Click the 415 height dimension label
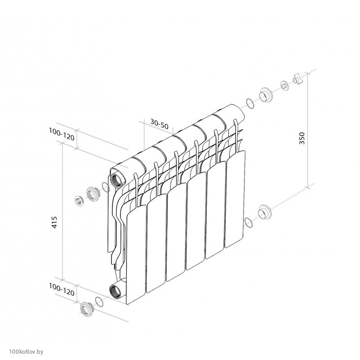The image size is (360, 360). coord(54,222)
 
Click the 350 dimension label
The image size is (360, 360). coord(302,138)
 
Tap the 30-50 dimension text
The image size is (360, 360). coord(160,124)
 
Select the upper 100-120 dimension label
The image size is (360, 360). coord(62,134)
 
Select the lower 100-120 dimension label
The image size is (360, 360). coord(62,289)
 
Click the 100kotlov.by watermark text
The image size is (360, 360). coord(26,351)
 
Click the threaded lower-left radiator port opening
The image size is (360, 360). coord(115,291)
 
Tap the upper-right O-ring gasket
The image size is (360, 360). coord(250,103)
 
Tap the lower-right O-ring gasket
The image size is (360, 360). coord(248,222)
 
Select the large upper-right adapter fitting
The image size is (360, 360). coord(266,94)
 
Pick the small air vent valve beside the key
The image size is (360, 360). coord(284,86)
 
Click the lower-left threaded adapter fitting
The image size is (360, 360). coord(87,308)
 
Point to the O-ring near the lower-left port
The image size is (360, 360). coord(99,302)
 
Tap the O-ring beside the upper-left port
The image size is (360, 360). coord(105,187)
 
